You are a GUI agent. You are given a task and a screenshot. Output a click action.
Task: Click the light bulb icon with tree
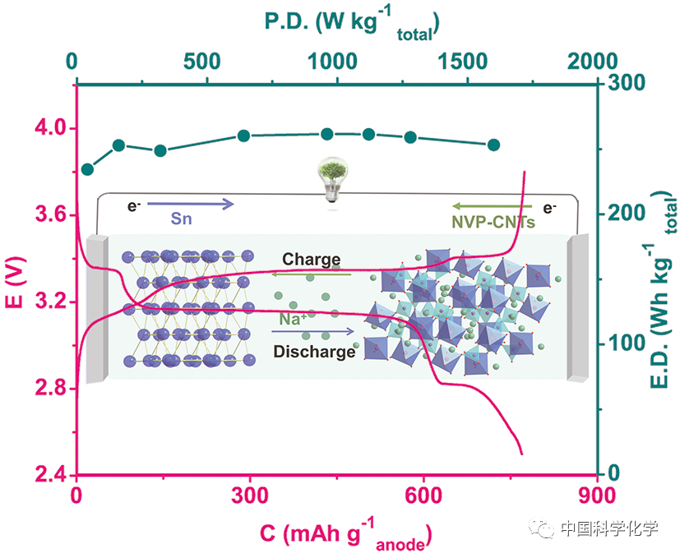tap(332, 180)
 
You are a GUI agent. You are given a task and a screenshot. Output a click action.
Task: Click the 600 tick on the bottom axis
tap(423, 496)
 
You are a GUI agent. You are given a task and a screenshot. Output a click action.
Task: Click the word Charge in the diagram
tap(311, 260)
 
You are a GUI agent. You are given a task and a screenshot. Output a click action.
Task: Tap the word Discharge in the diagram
tap(314, 352)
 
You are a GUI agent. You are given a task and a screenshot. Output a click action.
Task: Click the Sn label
tap(182, 219)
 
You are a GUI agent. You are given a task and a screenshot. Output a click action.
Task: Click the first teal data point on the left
tap(88, 169)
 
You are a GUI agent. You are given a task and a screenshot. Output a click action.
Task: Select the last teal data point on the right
tap(494, 145)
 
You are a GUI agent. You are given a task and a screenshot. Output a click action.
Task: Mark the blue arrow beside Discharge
tap(313, 333)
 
